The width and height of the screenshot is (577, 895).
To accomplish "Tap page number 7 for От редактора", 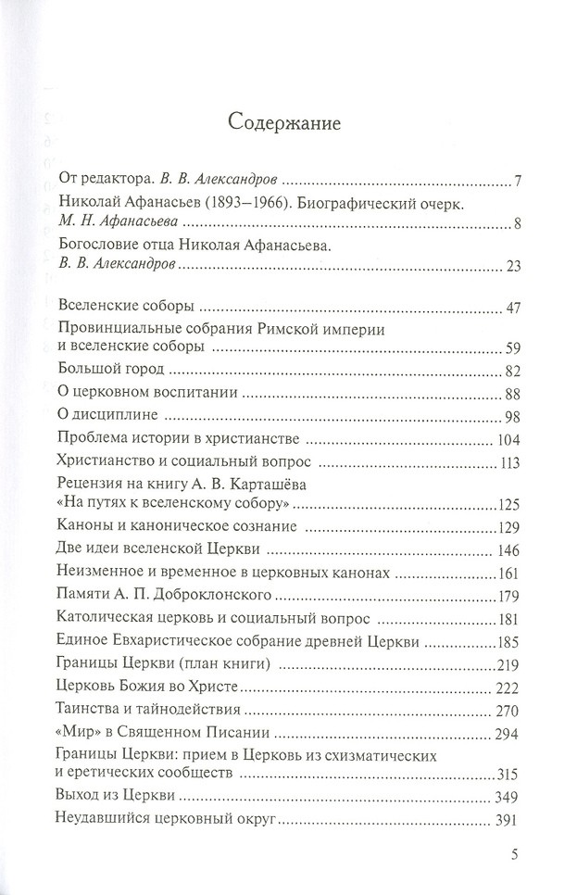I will click(520, 180).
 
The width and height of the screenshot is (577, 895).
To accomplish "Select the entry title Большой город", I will click(102, 371).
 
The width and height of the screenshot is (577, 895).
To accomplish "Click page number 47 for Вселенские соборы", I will click(514, 308).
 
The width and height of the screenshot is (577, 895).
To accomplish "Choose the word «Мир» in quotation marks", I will click(76, 731).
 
